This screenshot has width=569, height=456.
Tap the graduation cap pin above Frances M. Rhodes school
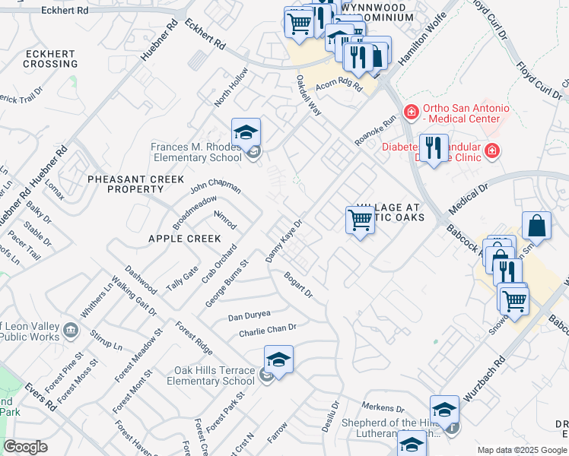pyautogui.click(x=246, y=134)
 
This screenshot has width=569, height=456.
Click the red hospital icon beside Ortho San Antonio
pyautogui.click(x=412, y=112)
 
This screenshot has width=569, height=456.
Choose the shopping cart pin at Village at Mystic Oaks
pyautogui.click(x=360, y=221)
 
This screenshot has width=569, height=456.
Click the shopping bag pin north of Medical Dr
pyautogui.click(x=536, y=226)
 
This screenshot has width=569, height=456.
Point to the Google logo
pyautogui.click(x=25, y=447)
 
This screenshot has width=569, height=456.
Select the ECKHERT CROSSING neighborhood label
pyautogui.click(x=50, y=59)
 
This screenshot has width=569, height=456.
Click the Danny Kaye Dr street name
pyautogui.click(x=284, y=242)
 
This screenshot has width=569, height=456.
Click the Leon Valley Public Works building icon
pyautogui.click(x=71, y=329)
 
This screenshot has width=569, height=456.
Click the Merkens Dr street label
pyautogui.click(x=383, y=408)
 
